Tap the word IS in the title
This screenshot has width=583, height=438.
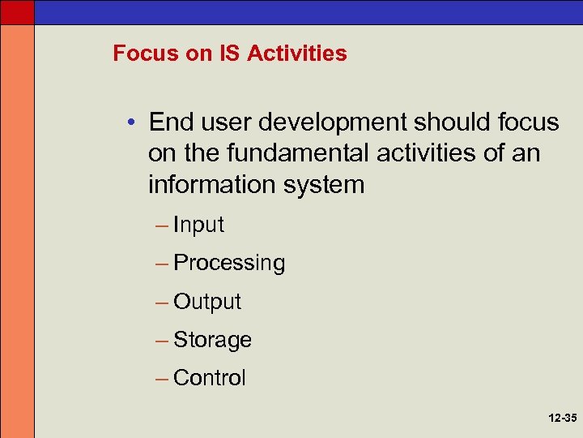pyautogui.click(x=229, y=54)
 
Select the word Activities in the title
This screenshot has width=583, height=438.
pyautogui.click(x=297, y=54)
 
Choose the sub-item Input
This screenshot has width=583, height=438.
pyautogui.click(x=198, y=225)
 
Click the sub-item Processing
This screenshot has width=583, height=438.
pyautogui.click(x=229, y=263)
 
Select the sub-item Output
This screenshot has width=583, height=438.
pyautogui.click(x=207, y=302)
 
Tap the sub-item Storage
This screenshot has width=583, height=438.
pyautogui.click(x=212, y=340)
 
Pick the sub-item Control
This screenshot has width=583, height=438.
pyautogui.click(x=210, y=378)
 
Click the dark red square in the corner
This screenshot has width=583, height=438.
pyautogui.click(x=17, y=11)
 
